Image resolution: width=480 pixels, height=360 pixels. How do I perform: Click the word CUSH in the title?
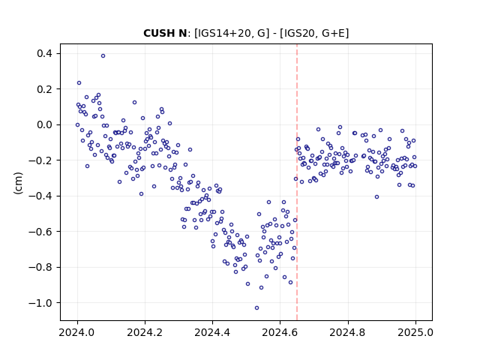tap(160, 33)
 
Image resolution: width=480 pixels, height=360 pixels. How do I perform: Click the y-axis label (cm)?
tap(18, 183)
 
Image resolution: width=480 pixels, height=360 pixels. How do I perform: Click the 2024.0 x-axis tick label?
tap(77, 332)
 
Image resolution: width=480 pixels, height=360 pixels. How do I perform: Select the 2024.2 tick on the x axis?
tap(145, 332)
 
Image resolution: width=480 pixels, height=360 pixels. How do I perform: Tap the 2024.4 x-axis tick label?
tap(212, 332)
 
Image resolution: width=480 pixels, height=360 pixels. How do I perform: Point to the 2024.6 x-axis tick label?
tap(280, 332)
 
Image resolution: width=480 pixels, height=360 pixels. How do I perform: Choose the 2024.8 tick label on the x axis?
tap(348, 332)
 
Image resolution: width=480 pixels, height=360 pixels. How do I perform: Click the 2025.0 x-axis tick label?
tap(415, 332)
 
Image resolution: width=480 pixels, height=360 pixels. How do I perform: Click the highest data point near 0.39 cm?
tap(103, 56)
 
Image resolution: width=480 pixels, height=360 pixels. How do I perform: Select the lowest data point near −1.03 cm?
tap(256, 308)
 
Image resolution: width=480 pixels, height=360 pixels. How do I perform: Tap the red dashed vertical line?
tap(297, 182)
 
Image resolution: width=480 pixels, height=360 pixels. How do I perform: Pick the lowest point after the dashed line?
tap(376, 196)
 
